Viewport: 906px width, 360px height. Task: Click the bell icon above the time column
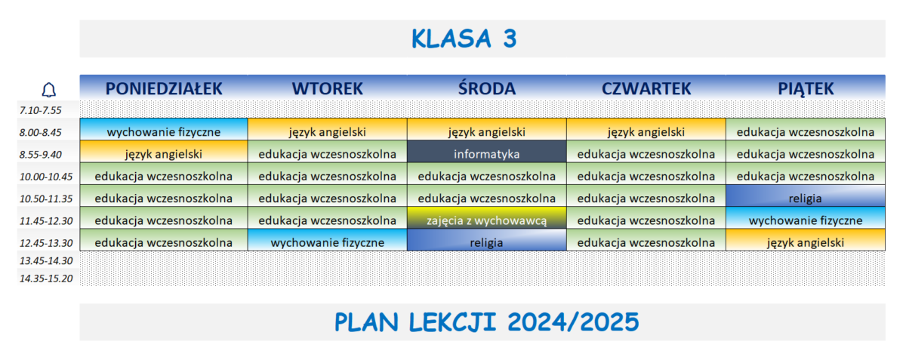tap(49, 90)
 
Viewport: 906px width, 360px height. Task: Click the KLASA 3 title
tap(464, 38)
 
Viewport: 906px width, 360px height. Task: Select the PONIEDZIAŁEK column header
tap(164, 88)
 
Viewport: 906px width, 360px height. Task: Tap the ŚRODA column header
tap(486, 88)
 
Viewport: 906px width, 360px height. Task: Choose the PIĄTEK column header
tap(806, 88)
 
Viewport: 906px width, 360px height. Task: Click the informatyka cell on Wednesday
tap(486, 154)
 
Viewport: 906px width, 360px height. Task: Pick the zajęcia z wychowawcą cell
tap(486, 220)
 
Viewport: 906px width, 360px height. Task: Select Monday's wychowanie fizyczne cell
tap(164, 131)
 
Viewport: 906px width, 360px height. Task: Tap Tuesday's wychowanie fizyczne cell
tap(327, 242)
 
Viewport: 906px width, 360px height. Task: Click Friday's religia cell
tap(806, 198)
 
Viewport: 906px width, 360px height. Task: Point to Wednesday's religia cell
tap(486, 242)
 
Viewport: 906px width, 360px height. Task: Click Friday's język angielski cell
tap(806, 242)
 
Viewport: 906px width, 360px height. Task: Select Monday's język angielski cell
tap(164, 154)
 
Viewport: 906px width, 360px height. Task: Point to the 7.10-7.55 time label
tap(41, 110)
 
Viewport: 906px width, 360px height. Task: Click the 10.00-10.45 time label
tap(46, 177)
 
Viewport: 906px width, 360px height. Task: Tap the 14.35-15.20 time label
tap(46, 278)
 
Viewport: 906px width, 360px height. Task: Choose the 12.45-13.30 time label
tap(46, 243)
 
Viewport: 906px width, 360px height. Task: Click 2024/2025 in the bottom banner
tap(573, 322)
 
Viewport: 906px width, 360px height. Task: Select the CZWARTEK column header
tap(646, 88)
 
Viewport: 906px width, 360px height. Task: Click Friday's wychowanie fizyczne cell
tap(806, 220)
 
